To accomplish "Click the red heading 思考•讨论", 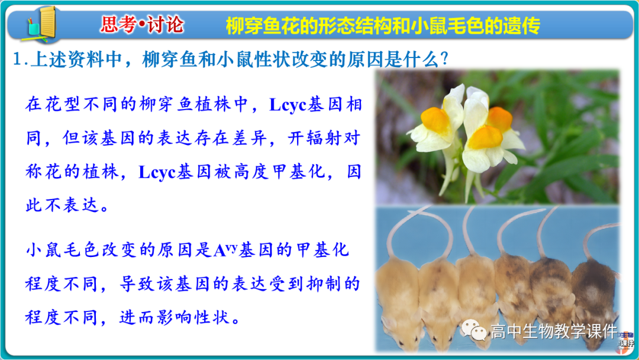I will (x=142, y=25).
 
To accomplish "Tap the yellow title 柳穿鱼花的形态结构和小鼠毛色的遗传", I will (x=383, y=25).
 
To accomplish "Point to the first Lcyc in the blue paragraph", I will (x=288, y=105).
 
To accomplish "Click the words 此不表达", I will (x=67, y=205).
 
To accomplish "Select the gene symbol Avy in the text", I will (x=225, y=250).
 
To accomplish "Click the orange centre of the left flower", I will (x=436, y=119).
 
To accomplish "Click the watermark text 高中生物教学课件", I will (x=553, y=332).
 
